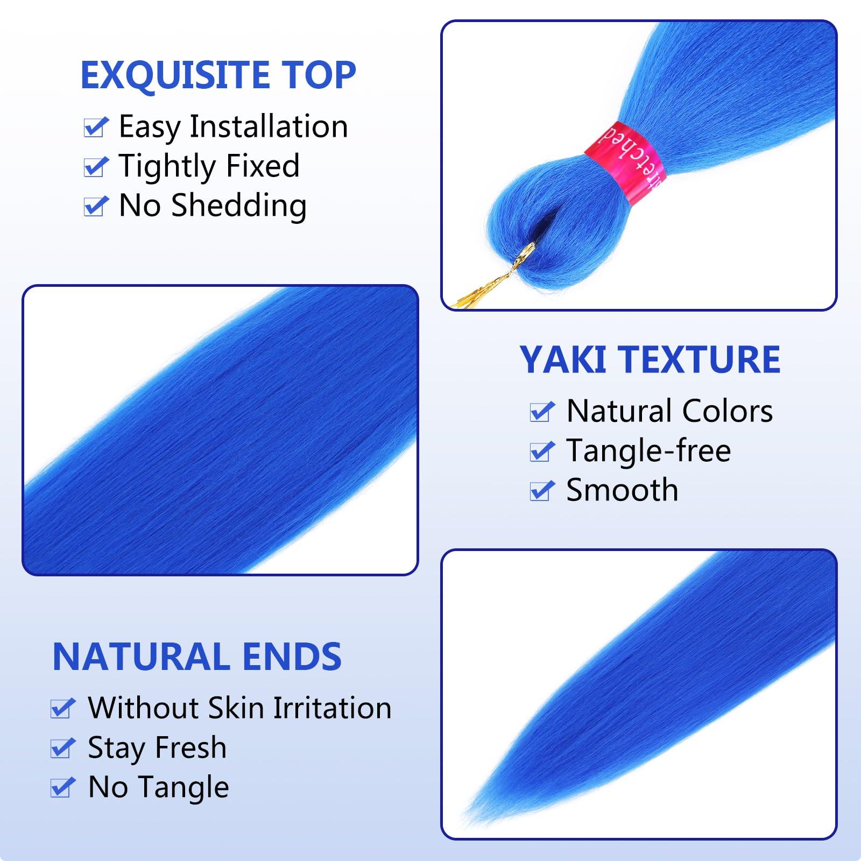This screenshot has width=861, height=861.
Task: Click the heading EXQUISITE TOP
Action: tap(218, 75)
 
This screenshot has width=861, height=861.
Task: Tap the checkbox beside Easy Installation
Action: tap(96, 128)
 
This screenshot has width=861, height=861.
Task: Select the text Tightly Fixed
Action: tap(209, 166)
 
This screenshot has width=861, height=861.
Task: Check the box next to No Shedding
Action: tap(96, 206)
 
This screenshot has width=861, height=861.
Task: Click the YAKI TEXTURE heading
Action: tap(650, 359)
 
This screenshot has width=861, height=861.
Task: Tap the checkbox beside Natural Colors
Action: tap(541, 412)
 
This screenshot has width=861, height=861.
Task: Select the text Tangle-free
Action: tap(648, 450)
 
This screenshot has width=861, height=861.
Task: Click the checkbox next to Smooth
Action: tap(541, 491)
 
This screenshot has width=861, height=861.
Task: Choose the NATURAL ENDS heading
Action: tap(197, 657)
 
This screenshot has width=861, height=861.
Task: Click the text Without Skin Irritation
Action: tap(239, 708)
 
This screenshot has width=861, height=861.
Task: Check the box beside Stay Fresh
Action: tap(62, 749)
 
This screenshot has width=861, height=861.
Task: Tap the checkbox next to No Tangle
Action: tap(62, 788)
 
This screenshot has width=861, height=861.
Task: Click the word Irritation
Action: tap(332, 708)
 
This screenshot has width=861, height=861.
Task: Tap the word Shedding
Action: tap(239, 206)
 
